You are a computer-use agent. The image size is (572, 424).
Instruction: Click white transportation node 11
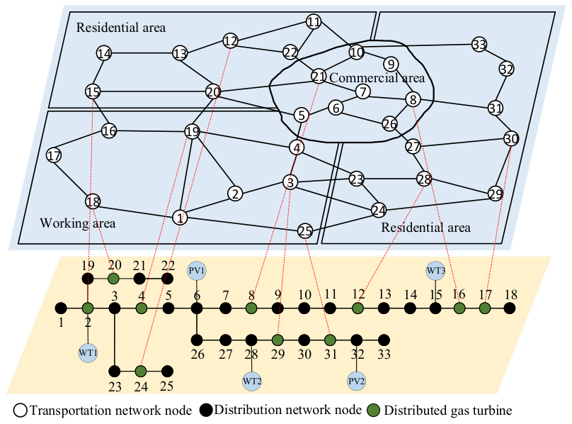pyautogui.click(x=314, y=22)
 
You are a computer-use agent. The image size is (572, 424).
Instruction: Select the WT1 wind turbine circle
pyautogui.click(x=88, y=352)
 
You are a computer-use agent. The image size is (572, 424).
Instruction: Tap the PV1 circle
pyautogui.click(x=197, y=271)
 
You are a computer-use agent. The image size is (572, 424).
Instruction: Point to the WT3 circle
pyautogui.click(x=435, y=271)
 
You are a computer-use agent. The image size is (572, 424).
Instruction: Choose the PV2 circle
pyautogui.click(x=356, y=381)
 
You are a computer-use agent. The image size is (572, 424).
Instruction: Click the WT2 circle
pyautogui.click(x=252, y=381)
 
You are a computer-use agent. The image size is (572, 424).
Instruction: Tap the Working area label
pyautogui.click(x=78, y=223)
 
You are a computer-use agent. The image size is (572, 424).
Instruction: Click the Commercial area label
pyautogui.click(x=377, y=78)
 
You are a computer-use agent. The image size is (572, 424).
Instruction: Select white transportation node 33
pyautogui.click(x=479, y=44)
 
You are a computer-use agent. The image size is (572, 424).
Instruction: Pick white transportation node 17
pyautogui.click(x=54, y=156)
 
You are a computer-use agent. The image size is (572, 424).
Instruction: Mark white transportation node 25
pyautogui.click(x=305, y=230)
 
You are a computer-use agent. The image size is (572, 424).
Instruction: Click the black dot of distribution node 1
pyautogui.click(x=61, y=308)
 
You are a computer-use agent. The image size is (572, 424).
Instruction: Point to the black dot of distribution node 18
pyautogui.click(x=510, y=308)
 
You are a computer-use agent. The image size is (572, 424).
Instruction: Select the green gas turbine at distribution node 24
pyautogui.click(x=141, y=372)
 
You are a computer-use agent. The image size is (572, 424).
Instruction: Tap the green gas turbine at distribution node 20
pyautogui.click(x=114, y=279)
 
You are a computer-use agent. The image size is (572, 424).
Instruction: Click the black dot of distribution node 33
pyautogui.click(x=384, y=340)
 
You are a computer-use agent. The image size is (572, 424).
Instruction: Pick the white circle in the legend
pyautogui.click(x=21, y=411)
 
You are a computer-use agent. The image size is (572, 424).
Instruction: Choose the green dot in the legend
pyautogui.click(x=373, y=411)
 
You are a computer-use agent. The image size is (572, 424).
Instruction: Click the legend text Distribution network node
pyautogui.click(x=288, y=410)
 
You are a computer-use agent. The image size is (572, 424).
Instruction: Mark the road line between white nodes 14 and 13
pyautogui.click(x=142, y=53)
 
